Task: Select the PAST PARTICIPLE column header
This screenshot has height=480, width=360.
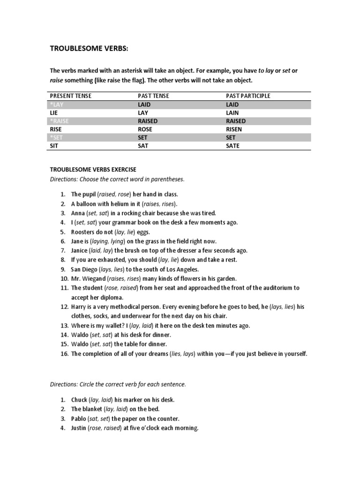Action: click(248, 96)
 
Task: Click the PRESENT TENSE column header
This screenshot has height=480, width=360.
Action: click(71, 96)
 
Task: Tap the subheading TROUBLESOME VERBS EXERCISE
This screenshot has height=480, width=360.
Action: click(93, 170)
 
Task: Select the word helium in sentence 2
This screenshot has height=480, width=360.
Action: click(120, 204)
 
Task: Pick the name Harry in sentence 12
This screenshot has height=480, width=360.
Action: click(79, 307)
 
